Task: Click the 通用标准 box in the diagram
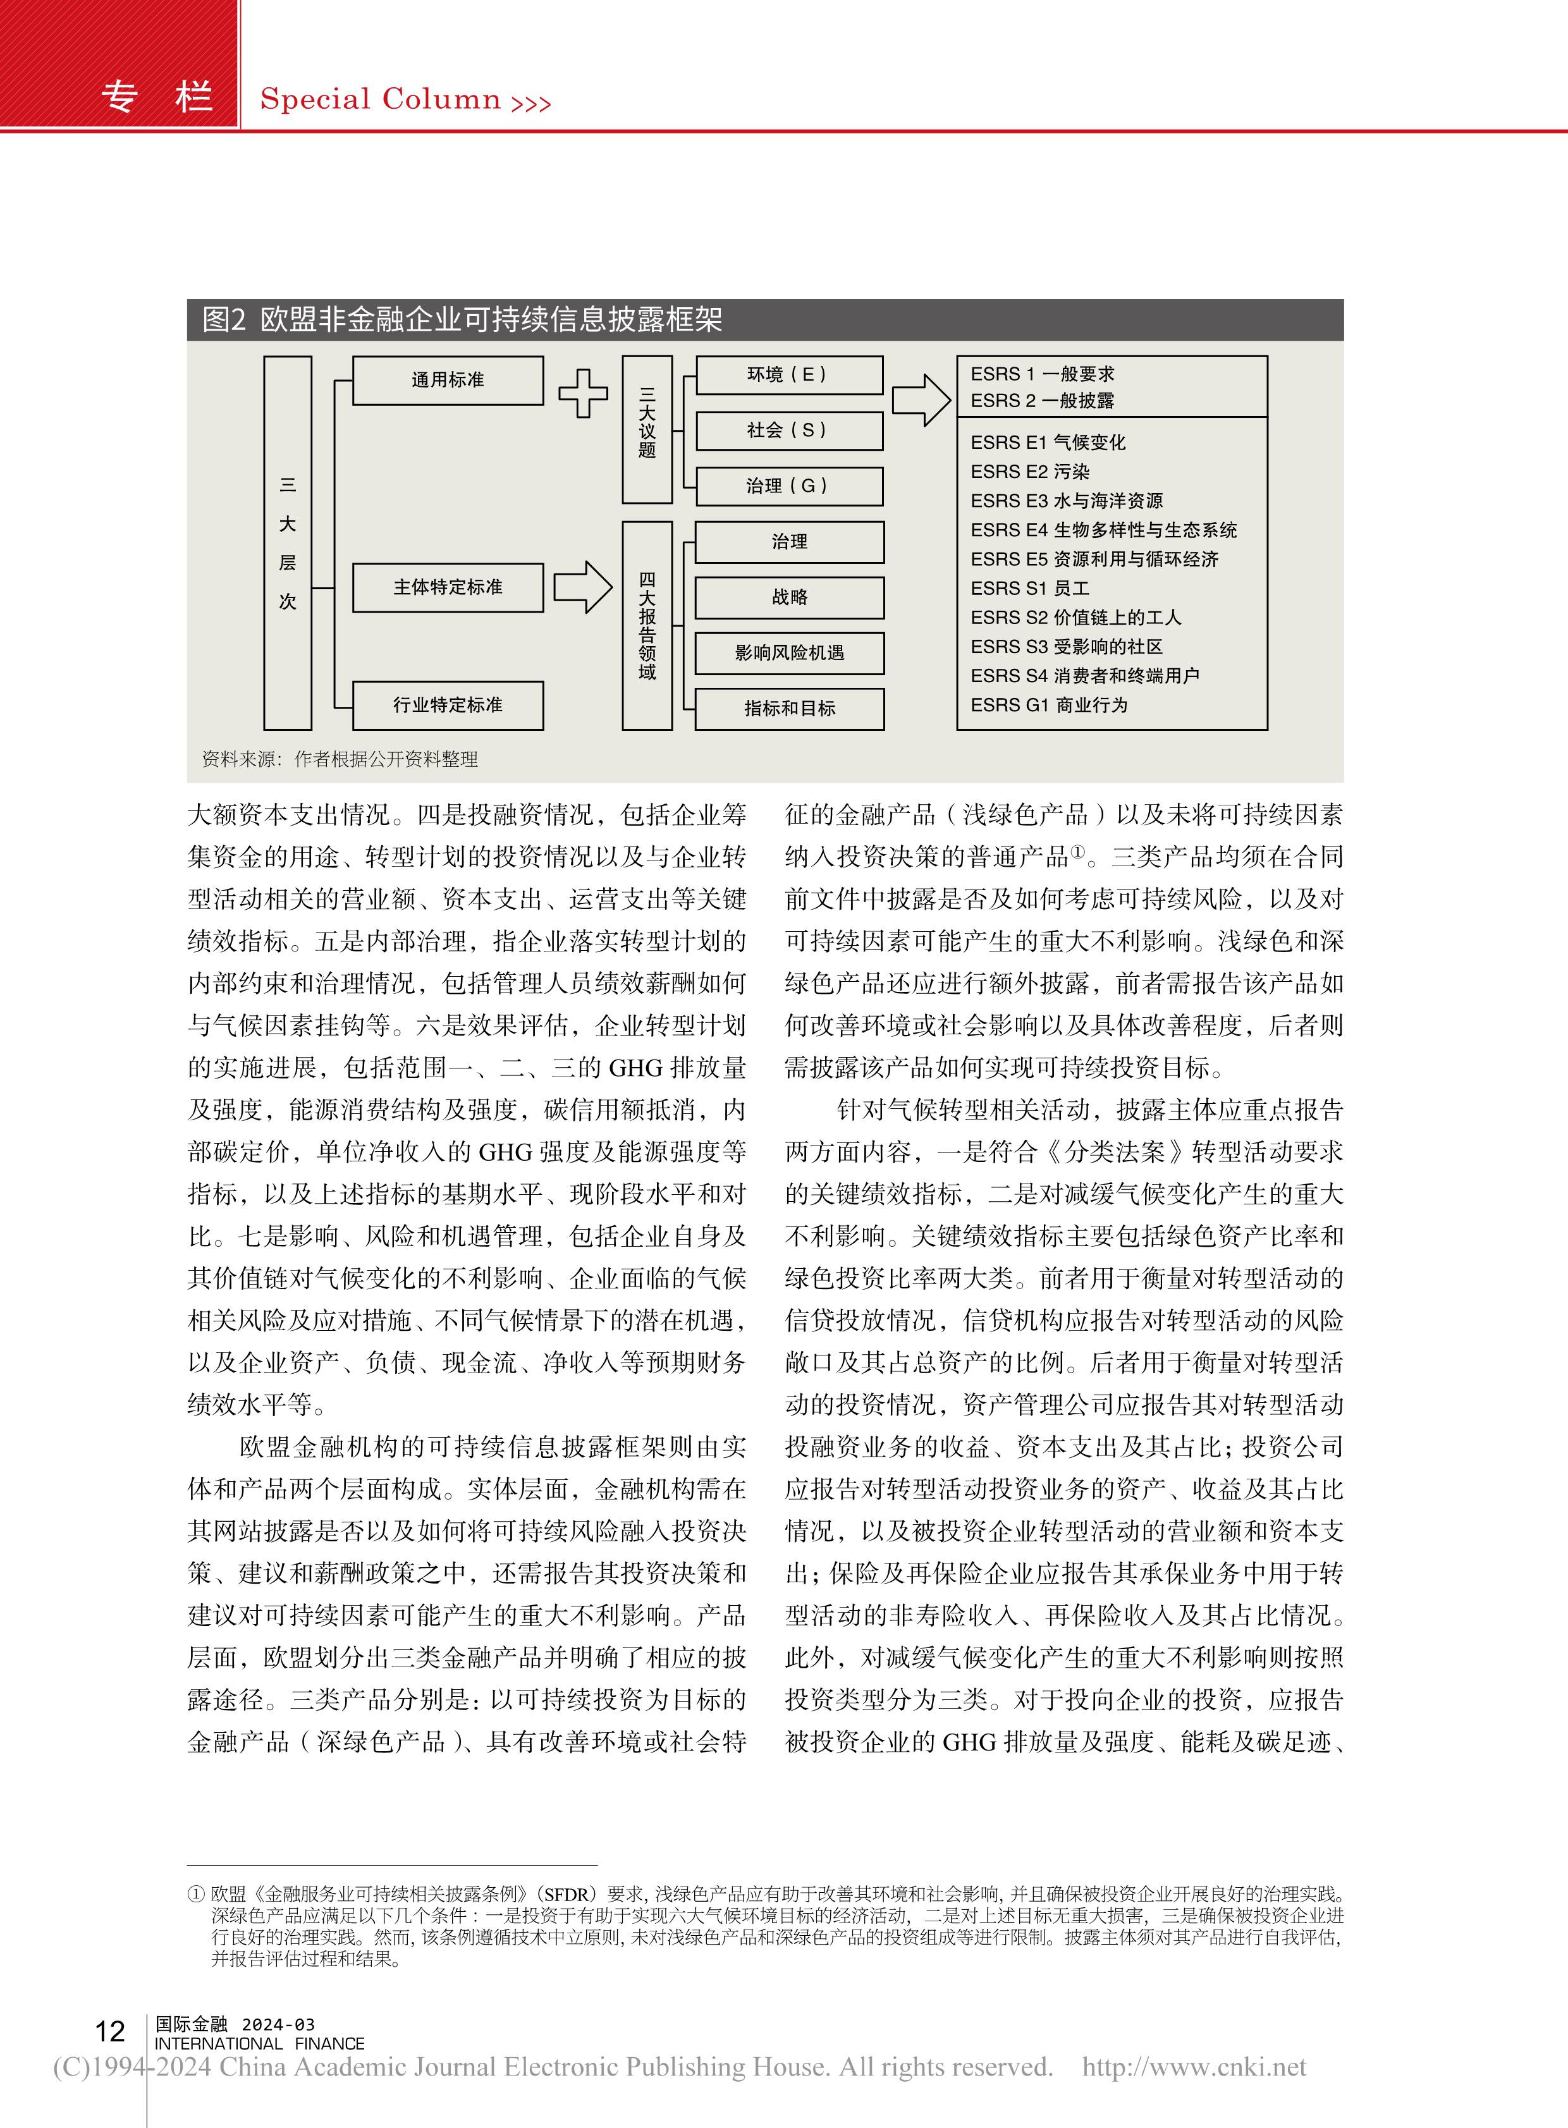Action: tap(448, 381)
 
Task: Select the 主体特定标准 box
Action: tap(448, 587)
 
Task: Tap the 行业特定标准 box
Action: tap(448, 705)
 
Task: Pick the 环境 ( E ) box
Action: tap(789, 375)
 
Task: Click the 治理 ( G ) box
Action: tap(789, 486)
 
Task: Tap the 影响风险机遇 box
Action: tap(789, 653)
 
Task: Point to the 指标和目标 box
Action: tap(789, 709)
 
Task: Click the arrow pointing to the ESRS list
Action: tap(921, 400)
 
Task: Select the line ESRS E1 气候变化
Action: tap(1048, 443)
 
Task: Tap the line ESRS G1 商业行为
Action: tap(1049, 705)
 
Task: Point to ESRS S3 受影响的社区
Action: tap(1066, 647)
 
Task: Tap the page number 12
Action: tap(110, 2032)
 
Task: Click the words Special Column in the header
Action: tap(379, 99)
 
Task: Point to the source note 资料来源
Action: tap(340, 759)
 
